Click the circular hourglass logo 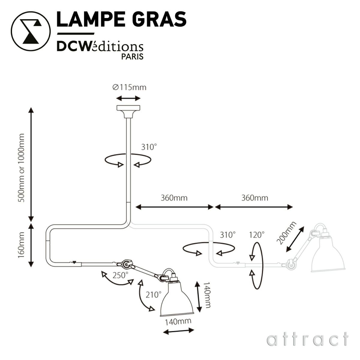[30, 31]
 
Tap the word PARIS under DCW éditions [132, 56]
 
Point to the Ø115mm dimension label [129, 88]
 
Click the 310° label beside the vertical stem [149, 147]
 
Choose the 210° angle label [154, 295]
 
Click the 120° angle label [257, 234]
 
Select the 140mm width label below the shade [178, 321]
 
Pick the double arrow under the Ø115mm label [128, 98]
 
